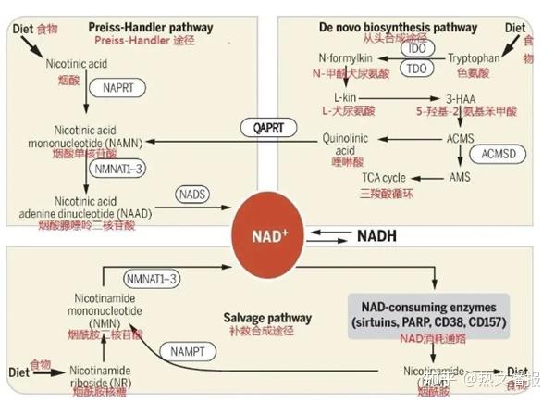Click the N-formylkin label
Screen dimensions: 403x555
(x=344, y=57)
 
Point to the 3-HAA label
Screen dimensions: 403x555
(x=462, y=97)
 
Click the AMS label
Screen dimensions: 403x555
(x=460, y=176)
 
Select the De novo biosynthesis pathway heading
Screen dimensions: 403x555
(x=410, y=28)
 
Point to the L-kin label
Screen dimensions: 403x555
(x=346, y=97)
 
